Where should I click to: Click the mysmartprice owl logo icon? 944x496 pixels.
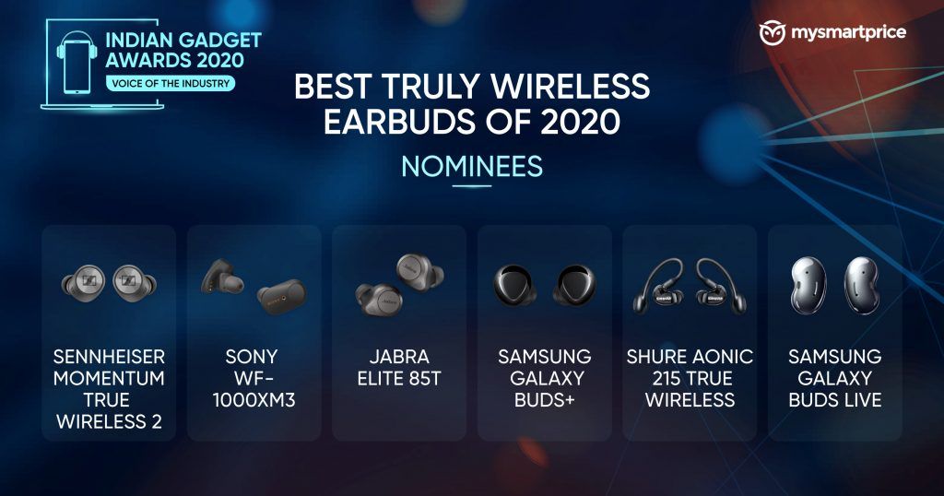773,32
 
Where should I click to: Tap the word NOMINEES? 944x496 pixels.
472,167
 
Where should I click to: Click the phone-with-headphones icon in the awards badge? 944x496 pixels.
77,62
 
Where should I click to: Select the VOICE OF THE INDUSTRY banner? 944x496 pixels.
171,83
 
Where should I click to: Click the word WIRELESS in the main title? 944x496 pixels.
571,87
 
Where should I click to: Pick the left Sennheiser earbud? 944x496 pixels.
84,283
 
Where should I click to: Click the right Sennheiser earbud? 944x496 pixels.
134,283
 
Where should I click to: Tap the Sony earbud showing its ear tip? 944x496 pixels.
222,278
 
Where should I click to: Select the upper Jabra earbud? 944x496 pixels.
419,271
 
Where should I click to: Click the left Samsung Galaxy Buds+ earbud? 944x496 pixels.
514,284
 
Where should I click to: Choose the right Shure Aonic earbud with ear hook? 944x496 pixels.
719,285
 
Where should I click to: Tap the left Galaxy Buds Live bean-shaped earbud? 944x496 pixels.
808,285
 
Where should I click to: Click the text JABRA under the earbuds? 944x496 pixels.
399,357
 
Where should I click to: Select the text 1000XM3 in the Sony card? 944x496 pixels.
254,400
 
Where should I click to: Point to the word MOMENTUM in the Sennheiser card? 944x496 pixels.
109,379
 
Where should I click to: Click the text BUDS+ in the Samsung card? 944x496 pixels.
544,400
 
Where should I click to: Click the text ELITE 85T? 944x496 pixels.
399,379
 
